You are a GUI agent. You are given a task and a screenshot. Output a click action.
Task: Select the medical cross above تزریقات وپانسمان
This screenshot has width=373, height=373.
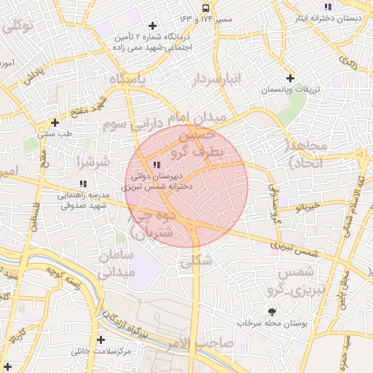290,78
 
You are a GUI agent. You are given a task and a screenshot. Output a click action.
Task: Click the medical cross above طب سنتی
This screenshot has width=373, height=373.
55,122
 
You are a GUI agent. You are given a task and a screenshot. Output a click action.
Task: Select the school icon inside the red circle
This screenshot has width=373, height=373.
157,165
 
